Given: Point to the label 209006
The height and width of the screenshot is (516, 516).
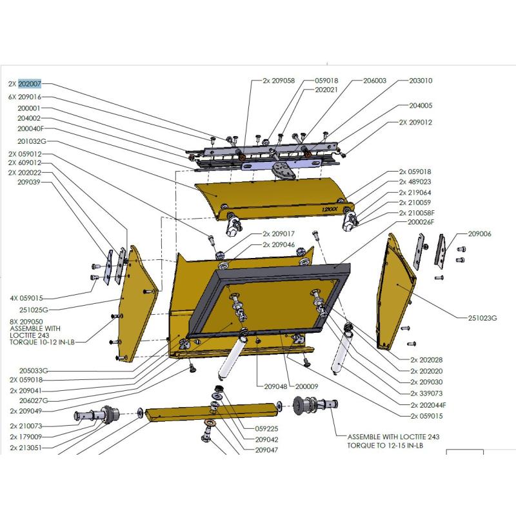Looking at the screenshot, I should [x=479, y=233].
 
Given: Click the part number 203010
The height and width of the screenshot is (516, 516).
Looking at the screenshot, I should [x=421, y=81].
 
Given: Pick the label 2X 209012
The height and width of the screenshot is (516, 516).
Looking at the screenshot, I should [x=415, y=122].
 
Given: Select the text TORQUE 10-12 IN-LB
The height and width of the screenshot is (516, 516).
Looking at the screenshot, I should [x=43, y=342].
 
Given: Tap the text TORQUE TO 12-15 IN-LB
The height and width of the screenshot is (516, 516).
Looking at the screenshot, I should [x=384, y=446].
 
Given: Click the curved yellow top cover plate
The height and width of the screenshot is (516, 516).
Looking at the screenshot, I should [x=271, y=193].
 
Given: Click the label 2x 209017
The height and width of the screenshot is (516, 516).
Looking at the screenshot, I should [x=279, y=233].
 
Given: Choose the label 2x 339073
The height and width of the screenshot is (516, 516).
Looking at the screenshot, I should [x=426, y=393].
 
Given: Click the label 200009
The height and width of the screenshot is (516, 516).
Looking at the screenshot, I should [x=307, y=386].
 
